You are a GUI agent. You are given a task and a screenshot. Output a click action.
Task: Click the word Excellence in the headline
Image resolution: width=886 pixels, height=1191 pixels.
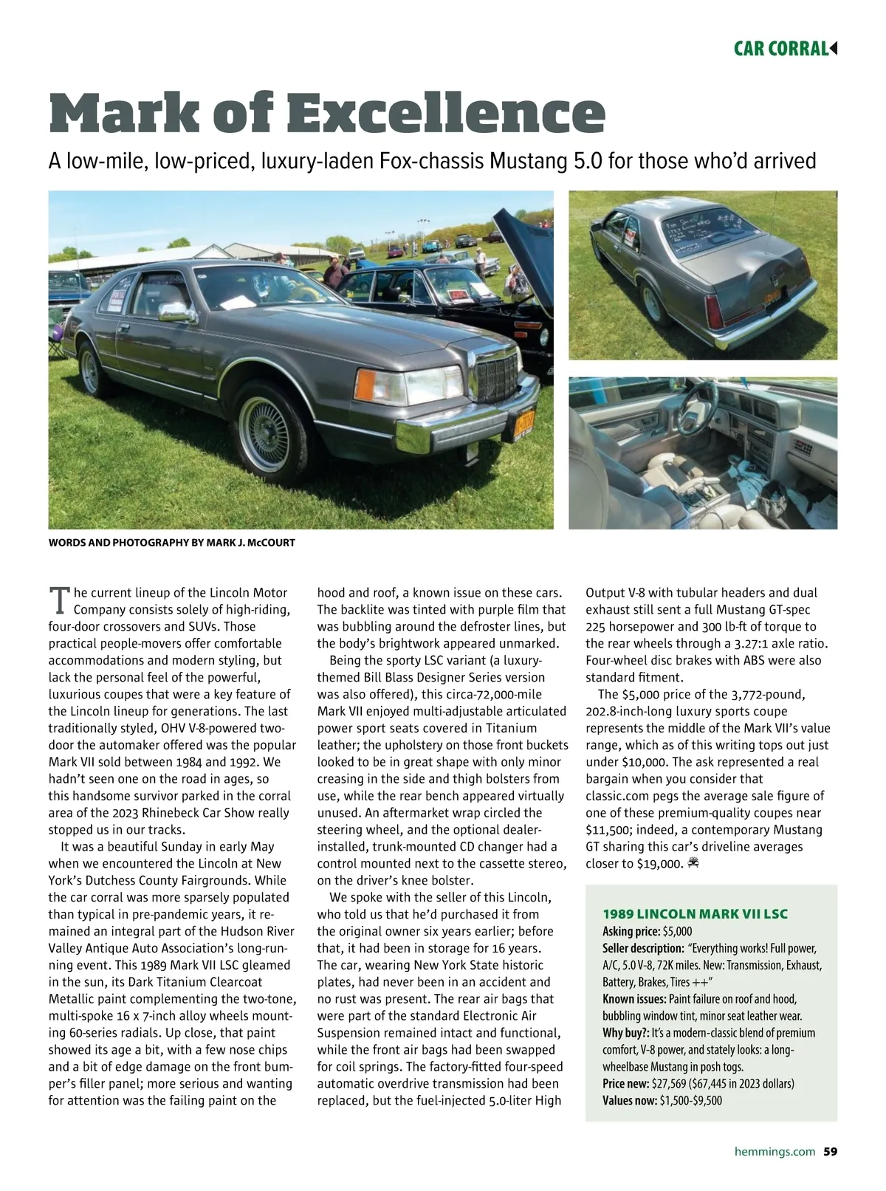[x=445, y=113]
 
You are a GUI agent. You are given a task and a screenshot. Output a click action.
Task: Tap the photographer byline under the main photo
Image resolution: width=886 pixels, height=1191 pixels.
[x=171, y=543]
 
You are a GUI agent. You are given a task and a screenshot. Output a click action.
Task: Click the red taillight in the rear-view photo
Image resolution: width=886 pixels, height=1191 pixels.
[x=714, y=312]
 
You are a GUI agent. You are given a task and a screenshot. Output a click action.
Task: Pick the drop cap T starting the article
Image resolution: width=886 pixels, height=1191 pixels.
[x=58, y=601]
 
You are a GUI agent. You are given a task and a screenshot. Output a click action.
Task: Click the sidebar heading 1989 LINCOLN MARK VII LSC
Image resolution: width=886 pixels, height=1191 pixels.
[x=695, y=914]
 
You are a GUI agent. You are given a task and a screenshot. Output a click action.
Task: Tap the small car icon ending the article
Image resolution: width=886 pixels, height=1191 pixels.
[x=693, y=862]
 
